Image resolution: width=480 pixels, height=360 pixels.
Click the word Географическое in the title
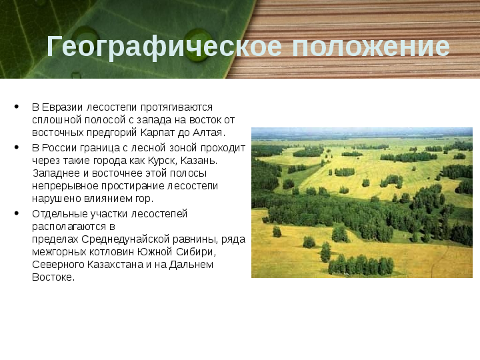tap(164, 47)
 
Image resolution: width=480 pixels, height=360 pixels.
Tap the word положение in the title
tap(371, 47)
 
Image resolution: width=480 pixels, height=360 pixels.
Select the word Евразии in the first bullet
tap(62, 107)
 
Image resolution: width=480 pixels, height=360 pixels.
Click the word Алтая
tap(209, 133)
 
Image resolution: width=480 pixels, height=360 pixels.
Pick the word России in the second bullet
tap(59, 148)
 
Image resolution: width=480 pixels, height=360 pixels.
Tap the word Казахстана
tap(115, 265)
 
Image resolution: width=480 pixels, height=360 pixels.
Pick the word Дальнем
tap(191, 265)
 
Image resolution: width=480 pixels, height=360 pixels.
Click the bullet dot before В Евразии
tap(17, 107)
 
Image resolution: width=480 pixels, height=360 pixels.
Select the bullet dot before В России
tap(17, 147)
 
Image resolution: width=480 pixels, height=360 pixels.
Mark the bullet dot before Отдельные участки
tap(17, 213)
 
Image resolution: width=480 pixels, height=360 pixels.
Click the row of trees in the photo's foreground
tap(361, 265)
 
